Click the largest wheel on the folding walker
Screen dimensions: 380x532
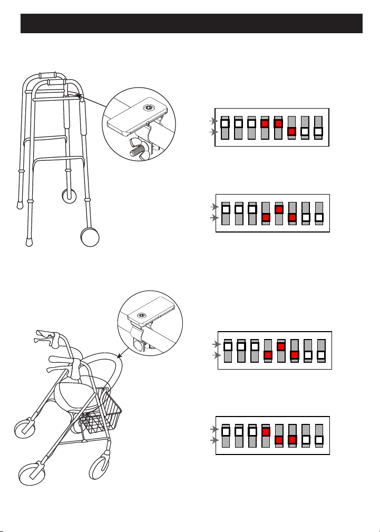click(91, 238)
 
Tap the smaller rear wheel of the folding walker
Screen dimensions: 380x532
click(69, 196)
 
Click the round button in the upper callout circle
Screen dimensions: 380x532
click(149, 108)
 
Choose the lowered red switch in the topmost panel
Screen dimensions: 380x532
click(291, 131)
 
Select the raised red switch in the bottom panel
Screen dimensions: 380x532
click(265, 432)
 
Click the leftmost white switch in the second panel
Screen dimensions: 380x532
click(226, 209)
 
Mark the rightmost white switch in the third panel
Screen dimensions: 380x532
click(320, 354)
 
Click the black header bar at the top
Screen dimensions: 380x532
click(191, 24)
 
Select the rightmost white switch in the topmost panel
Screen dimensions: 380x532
click(318, 131)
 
